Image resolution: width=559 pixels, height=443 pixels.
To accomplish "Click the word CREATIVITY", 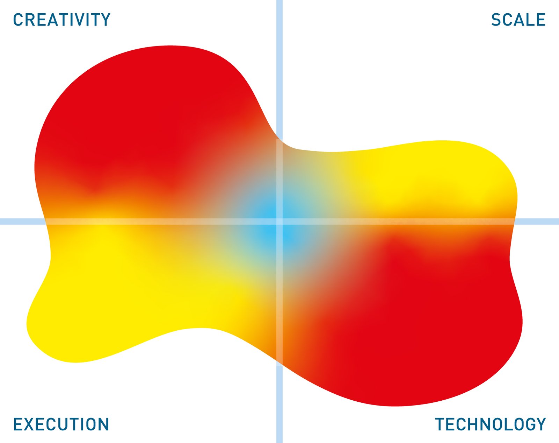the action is pyautogui.click(x=62, y=20).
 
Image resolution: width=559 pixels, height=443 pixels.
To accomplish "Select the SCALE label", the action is pyautogui.click(x=518, y=20).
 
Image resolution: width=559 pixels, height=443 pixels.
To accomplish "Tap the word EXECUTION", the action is pyautogui.click(x=61, y=424).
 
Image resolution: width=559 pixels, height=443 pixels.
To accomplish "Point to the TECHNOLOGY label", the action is pyautogui.click(x=491, y=424).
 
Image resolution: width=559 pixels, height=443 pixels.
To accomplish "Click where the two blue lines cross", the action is pyautogui.click(x=279, y=221).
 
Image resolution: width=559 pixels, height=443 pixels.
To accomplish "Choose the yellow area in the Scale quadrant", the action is pyautogui.click(x=416, y=177).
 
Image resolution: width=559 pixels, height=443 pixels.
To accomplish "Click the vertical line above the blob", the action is pyautogui.click(x=279, y=70).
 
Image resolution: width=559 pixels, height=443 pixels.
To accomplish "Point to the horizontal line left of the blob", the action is pyautogui.click(x=23, y=221).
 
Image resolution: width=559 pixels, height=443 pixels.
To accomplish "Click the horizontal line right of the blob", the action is pyautogui.click(x=537, y=221).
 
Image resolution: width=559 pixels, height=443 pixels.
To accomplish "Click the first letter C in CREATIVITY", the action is pyautogui.click(x=18, y=20).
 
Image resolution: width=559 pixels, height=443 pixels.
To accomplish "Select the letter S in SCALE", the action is pyautogui.click(x=496, y=20).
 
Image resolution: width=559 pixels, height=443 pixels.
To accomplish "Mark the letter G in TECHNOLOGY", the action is pyautogui.click(x=528, y=424).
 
